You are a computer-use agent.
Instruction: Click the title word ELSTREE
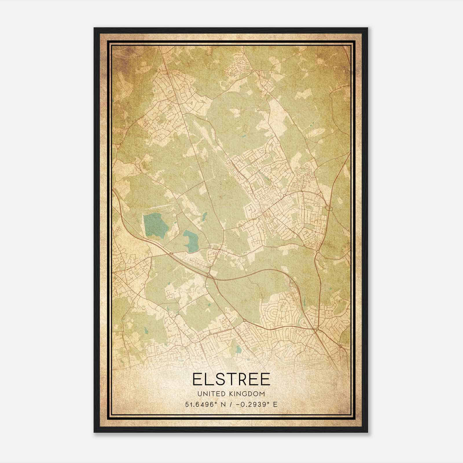click(x=231, y=379)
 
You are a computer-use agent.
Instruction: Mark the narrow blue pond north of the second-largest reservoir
click(x=205, y=216)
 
